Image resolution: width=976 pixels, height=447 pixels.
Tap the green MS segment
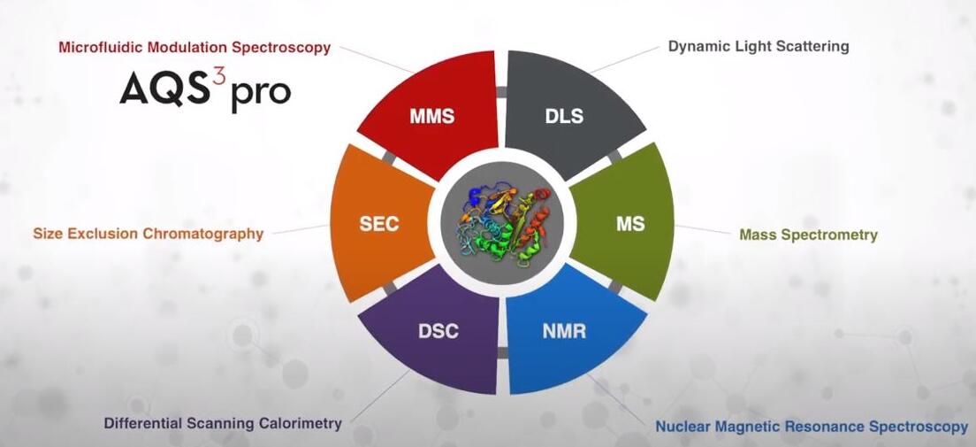(626, 223)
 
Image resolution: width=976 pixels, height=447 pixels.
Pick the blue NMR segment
(567, 330)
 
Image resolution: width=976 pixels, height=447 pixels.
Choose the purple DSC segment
(436, 330)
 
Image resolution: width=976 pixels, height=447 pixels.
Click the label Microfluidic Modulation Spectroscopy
(194, 48)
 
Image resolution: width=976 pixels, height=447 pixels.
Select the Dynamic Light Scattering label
(759, 47)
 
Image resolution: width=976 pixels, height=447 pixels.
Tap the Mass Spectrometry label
(809, 235)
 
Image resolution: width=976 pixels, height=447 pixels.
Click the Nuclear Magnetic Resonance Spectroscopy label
(812, 427)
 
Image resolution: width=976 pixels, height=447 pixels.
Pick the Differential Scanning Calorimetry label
(223, 423)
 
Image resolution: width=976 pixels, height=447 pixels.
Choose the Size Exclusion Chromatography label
(149, 234)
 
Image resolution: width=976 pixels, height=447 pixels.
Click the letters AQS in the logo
(164, 88)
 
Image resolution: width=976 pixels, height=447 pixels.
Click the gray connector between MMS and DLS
(501, 92)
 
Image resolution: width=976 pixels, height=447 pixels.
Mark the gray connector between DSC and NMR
(502, 353)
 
